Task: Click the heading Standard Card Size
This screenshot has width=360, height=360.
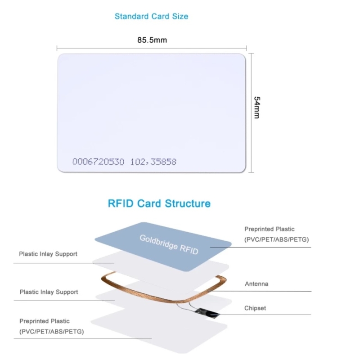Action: click(151, 17)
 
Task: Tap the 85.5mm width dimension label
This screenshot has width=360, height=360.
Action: click(152, 40)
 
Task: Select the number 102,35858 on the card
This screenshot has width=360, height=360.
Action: click(153, 162)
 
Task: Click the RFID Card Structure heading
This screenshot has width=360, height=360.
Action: click(159, 203)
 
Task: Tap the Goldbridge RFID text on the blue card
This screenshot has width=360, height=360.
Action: click(169, 244)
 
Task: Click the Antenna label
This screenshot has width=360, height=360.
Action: click(256, 284)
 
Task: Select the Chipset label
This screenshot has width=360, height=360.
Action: click(255, 308)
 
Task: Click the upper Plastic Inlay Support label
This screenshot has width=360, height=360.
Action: click(48, 254)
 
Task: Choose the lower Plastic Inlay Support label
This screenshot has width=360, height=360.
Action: click(49, 292)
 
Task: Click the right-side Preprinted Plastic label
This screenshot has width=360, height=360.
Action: click(270, 229)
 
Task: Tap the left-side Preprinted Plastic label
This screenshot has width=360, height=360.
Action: click(45, 321)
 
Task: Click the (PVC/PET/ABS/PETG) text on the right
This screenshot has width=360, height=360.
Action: click(277, 239)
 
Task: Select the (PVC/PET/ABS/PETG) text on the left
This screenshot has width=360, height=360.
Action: click(51, 332)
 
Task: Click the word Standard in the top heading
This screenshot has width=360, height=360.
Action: click(131, 17)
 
